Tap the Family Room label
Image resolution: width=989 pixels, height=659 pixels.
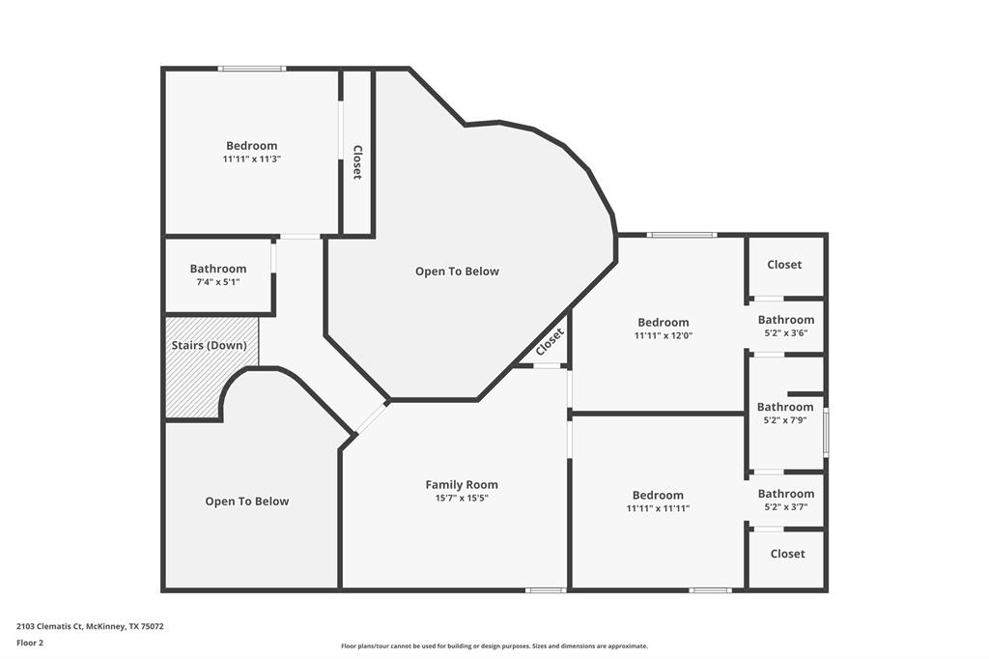[462, 485]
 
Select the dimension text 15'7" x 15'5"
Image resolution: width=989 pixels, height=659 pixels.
[462, 499]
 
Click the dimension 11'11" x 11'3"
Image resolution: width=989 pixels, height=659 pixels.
[252, 159]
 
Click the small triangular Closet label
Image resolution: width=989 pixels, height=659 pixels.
[549, 341]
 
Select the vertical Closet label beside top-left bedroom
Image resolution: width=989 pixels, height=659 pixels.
[357, 162]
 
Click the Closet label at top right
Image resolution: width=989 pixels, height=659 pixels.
[784, 265]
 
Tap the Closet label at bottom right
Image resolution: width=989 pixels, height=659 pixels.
[787, 554]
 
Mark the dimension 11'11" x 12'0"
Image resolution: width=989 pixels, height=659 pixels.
[664, 336]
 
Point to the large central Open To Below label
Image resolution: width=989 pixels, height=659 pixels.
[457, 272]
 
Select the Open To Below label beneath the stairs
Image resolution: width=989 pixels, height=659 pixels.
[246, 501]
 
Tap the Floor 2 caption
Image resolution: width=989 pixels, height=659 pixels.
[30, 643]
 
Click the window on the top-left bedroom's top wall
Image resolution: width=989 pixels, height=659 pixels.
[251, 69]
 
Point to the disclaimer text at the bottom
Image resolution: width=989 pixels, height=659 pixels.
[494, 646]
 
